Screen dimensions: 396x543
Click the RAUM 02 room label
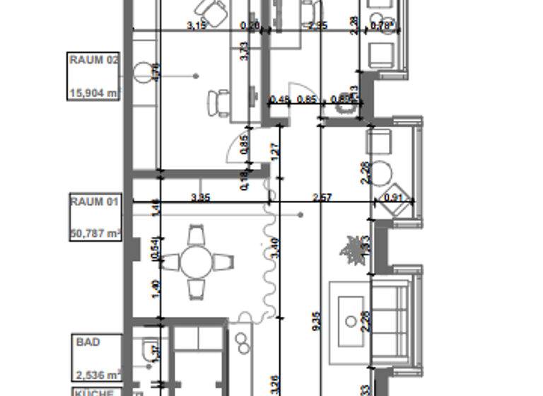(x=93, y=60)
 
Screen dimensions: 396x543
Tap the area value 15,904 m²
(x=93, y=92)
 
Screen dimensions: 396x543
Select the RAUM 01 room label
(x=93, y=202)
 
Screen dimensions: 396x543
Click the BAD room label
(x=88, y=342)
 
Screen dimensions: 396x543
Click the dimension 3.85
(x=200, y=198)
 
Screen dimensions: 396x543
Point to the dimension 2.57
(x=322, y=198)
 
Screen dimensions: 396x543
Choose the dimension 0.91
(x=392, y=198)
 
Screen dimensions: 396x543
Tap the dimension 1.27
(x=274, y=150)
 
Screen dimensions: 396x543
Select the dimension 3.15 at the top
(x=197, y=26)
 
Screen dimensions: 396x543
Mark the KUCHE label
(x=93, y=392)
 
